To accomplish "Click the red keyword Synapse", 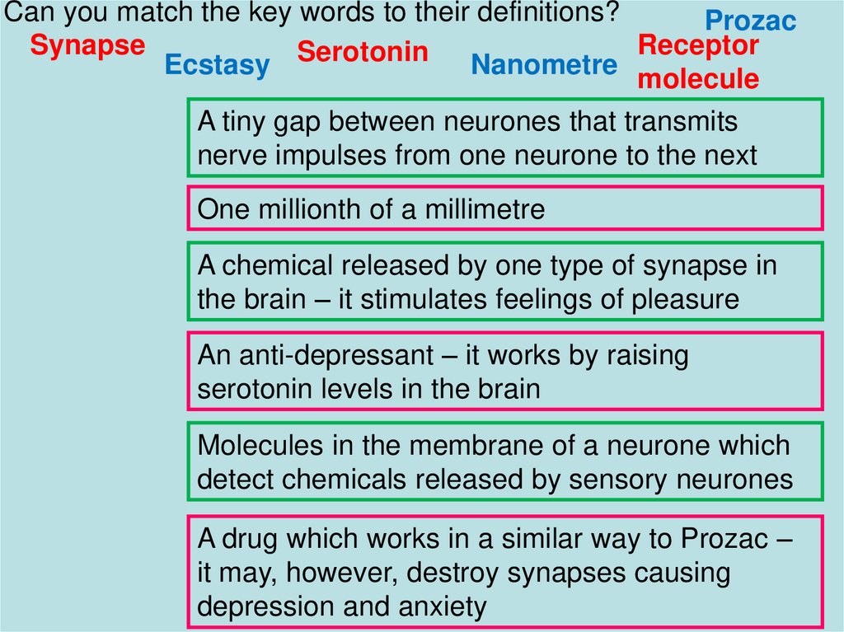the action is tap(87, 46).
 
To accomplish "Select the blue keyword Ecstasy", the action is tap(218, 65).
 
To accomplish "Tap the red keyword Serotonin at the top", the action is tap(363, 52).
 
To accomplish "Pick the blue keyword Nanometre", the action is tap(544, 65).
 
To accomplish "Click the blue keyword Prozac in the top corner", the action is tap(751, 20).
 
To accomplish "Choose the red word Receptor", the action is tap(698, 45).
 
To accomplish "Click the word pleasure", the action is tap(685, 298).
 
